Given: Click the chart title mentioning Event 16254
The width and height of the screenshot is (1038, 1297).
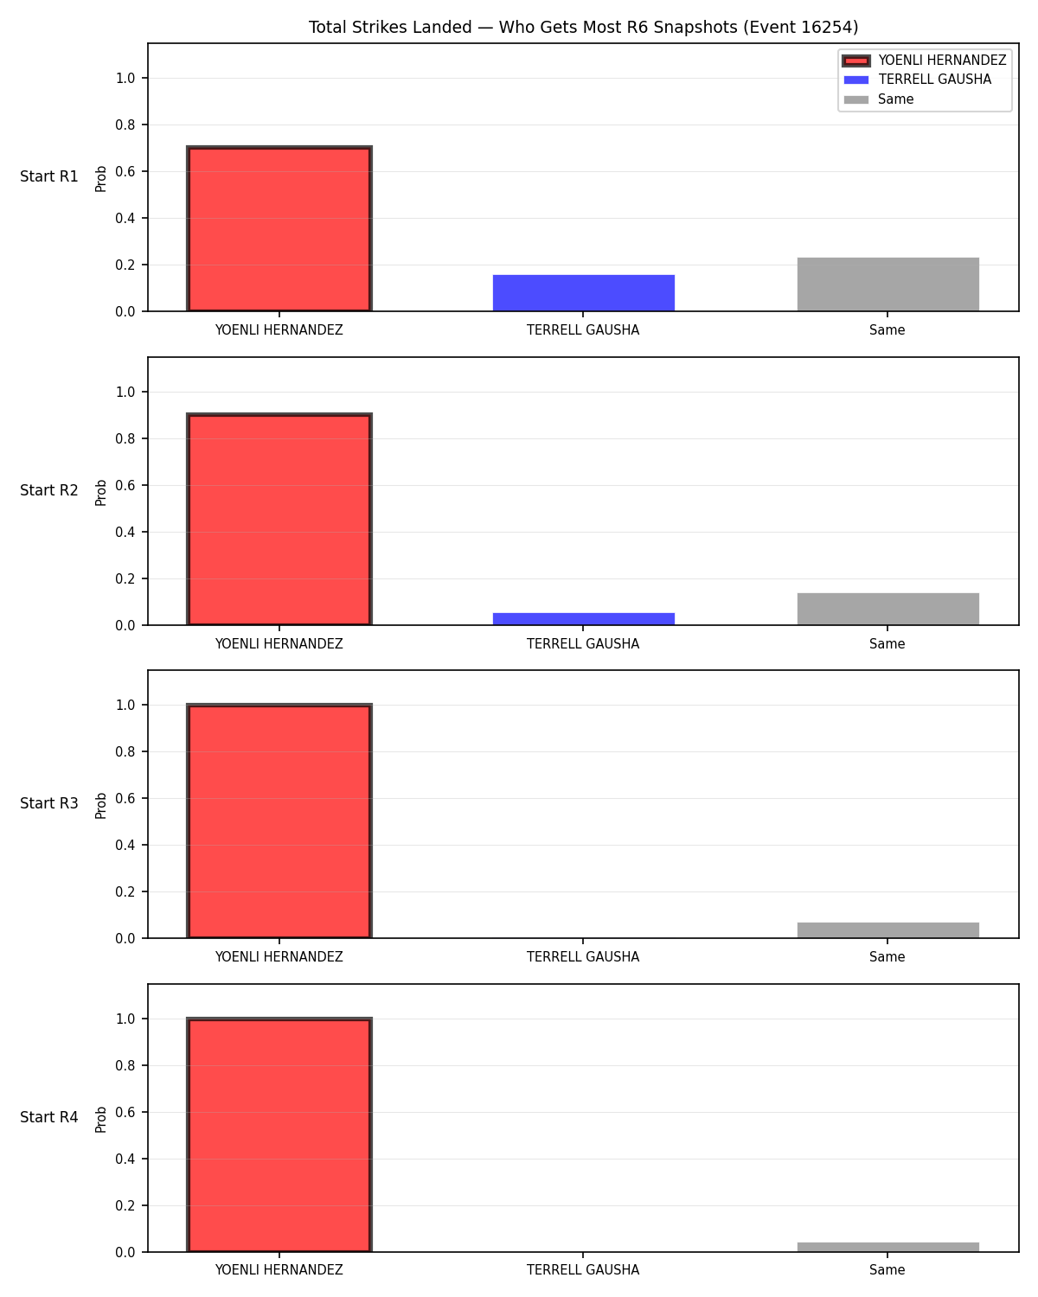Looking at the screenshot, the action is coord(583,27).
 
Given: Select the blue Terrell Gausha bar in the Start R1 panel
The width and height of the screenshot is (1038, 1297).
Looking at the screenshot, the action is coord(583,293).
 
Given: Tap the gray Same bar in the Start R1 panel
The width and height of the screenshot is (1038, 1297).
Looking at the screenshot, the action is coord(887,284).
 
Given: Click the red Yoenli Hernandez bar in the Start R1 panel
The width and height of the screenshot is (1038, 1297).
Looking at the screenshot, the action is coord(279,228).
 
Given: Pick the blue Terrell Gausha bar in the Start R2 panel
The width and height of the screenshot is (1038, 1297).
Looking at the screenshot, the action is coord(583,618).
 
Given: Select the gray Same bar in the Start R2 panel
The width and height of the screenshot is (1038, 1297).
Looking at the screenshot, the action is coord(887,609).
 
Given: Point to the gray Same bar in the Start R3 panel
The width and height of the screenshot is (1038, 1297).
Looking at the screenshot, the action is coord(887,930).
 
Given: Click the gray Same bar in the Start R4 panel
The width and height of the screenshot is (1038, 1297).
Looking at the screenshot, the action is coord(887,1247).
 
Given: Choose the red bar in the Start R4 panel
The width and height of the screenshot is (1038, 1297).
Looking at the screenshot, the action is coord(279,1134).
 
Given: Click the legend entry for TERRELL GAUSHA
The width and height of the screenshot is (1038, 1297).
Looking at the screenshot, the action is coord(935,80).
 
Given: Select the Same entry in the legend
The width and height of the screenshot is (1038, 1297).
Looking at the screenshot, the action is coord(895,99).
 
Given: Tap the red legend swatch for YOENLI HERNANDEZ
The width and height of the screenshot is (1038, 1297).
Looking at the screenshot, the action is coord(855,61).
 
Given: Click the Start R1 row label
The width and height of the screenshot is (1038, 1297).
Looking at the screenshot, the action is coord(48,176).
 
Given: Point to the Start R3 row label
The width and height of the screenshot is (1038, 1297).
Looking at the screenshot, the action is coord(48,803).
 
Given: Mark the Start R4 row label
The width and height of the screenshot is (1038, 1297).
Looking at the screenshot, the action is coord(48,1117).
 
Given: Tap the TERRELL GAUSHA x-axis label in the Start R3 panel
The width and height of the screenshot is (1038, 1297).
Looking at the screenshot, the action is coord(583,957).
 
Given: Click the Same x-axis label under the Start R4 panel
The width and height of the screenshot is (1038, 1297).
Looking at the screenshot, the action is coord(887,1270).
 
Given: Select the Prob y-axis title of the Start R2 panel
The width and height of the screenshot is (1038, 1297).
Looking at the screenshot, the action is coord(100,492).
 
